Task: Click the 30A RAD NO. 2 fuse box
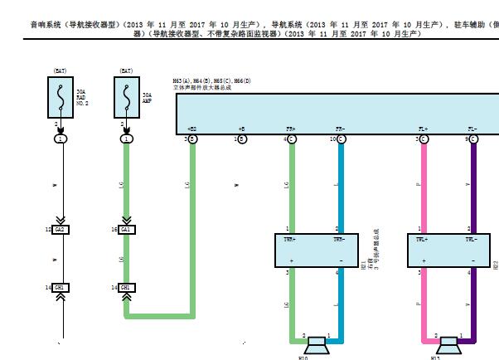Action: [61, 99]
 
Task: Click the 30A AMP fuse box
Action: [126, 99]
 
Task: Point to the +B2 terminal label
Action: [191, 129]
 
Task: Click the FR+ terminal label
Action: [291, 129]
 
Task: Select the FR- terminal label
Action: [340, 129]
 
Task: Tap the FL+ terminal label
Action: [424, 129]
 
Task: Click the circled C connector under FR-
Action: [341, 139]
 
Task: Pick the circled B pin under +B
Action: [242, 139]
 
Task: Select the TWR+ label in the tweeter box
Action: [291, 239]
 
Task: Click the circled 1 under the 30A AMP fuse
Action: [126, 139]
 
